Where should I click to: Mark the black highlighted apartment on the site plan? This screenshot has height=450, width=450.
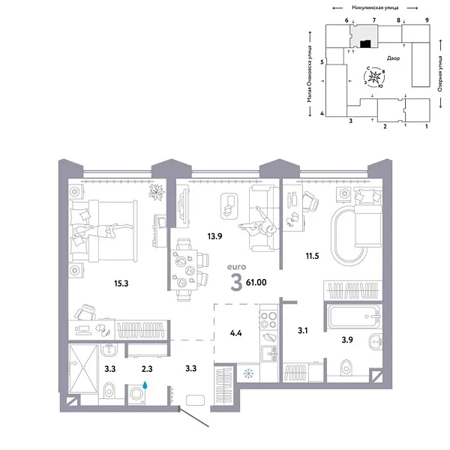point(364,43)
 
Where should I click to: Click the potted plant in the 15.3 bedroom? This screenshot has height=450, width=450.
point(156,193)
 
